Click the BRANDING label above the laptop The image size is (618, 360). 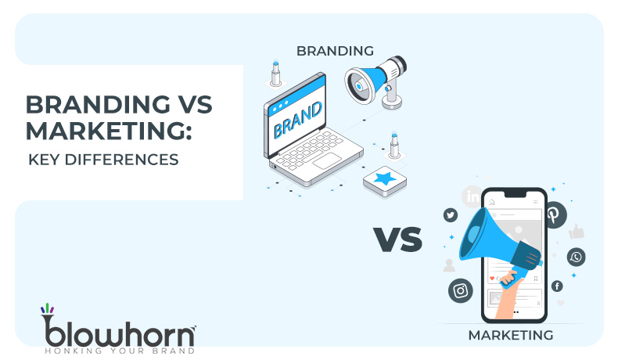(334, 51)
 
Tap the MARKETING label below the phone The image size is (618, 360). (511, 335)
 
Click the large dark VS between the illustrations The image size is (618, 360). (397, 239)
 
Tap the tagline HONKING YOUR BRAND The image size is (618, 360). (117, 350)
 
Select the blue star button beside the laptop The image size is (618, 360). (384, 181)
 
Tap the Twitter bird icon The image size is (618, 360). (450, 214)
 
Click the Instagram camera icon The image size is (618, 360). (460, 290)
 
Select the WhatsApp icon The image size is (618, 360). (577, 256)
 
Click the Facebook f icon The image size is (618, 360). (557, 286)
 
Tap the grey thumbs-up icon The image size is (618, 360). (577, 232)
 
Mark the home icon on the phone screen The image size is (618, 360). (492, 202)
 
